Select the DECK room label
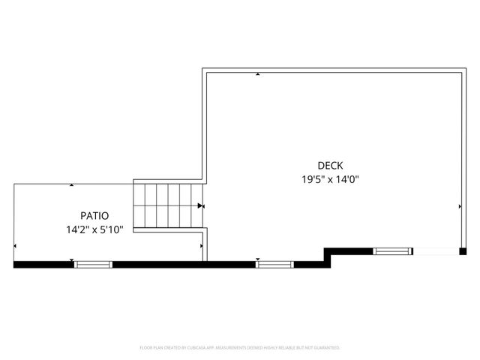330,166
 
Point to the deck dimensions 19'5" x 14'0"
330,179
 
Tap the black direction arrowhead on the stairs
200,205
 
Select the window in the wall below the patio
93,264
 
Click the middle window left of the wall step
274,264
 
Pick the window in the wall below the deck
393,251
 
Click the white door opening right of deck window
436,251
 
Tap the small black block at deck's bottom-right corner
463,251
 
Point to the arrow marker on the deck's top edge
258,74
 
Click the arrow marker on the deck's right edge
460,205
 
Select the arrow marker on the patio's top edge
71,184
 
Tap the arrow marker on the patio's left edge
16,245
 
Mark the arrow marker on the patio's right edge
202,245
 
